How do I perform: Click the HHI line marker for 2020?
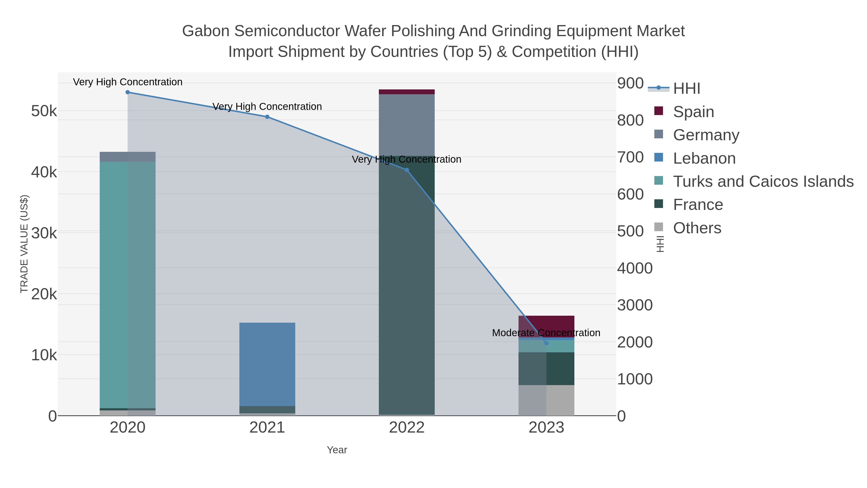128,92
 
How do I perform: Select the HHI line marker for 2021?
267,117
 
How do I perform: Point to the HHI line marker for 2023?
546,343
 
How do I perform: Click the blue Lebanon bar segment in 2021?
267,364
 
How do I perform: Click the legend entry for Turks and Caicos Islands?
763,181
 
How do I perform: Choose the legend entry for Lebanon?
704,158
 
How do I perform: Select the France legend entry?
698,205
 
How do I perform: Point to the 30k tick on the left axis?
44,233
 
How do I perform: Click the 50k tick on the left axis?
44,111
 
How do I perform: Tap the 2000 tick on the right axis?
634,342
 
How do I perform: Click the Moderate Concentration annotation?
546,333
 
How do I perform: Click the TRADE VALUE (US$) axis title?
24,244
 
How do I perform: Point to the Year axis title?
337,450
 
